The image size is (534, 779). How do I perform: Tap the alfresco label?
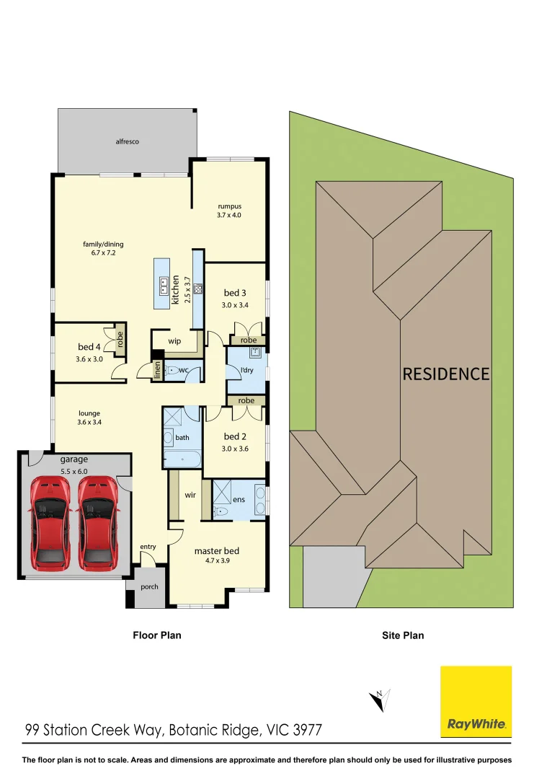click(x=127, y=142)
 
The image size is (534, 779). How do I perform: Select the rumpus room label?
click(x=230, y=206)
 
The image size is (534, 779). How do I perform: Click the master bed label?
click(x=216, y=551)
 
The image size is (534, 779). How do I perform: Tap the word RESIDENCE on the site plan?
click(x=445, y=374)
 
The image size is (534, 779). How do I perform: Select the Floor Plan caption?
click(x=156, y=635)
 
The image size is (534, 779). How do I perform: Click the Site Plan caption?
click(x=402, y=635)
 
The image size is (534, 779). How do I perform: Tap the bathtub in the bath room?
click(x=182, y=459)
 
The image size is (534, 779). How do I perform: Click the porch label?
click(x=149, y=586)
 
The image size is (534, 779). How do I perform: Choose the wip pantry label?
click(x=174, y=341)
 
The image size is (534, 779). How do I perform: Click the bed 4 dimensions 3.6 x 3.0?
click(x=89, y=358)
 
